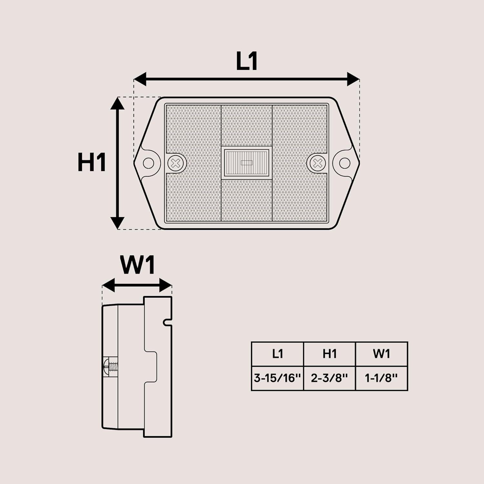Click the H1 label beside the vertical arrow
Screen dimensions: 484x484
tap(92, 162)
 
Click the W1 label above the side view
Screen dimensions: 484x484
tap(138, 265)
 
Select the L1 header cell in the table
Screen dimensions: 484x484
tap(277, 354)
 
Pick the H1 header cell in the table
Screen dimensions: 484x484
tap(329, 354)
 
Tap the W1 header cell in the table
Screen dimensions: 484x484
tap(381, 354)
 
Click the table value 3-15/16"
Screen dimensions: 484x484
tap(277, 378)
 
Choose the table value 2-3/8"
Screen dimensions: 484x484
tap(329, 378)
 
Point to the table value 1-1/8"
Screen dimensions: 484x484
tap(381, 378)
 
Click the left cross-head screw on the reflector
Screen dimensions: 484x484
tap(176, 163)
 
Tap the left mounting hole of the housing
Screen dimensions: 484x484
tap(148, 163)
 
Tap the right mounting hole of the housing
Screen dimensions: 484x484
tap(345, 163)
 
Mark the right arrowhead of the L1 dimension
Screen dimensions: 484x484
tap(353, 79)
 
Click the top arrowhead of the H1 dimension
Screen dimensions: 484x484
tap(117, 104)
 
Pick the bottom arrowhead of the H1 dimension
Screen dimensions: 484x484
tap(117, 223)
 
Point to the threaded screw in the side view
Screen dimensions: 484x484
tap(111, 367)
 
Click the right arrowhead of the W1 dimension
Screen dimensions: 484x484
tap(166, 285)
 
